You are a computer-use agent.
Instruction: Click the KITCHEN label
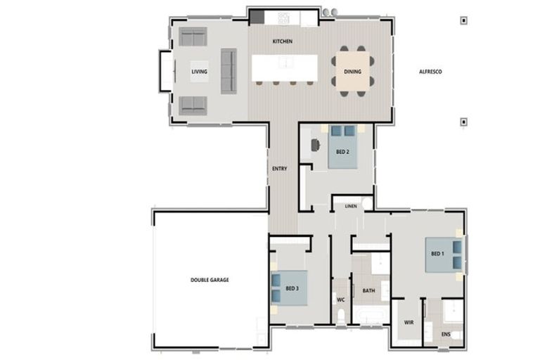[x=283, y=41]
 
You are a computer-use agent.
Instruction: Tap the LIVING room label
[x=199, y=72]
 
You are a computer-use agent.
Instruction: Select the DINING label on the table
[x=352, y=72]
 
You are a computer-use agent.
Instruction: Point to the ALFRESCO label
[x=430, y=72]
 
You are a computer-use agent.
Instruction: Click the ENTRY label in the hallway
[x=279, y=169]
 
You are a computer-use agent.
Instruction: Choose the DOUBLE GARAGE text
[x=210, y=280]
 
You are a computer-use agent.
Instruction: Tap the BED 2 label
[x=342, y=153]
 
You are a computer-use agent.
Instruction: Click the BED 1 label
[x=437, y=254]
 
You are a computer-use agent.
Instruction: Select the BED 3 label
[x=292, y=288]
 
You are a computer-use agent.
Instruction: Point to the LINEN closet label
[x=351, y=207]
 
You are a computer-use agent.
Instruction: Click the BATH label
[x=368, y=290]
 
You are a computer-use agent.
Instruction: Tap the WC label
[x=340, y=300]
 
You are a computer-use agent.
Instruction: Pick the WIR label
[x=409, y=323]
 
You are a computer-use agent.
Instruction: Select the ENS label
[x=446, y=334]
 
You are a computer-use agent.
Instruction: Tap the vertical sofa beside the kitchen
[x=229, y=70]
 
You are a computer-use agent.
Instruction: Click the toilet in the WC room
[x=341, y=315]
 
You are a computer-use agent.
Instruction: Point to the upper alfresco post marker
[x=463, y=21]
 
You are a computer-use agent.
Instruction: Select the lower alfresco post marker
[x=463, y=122]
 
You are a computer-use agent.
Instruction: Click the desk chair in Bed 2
[x=315, y=144]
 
